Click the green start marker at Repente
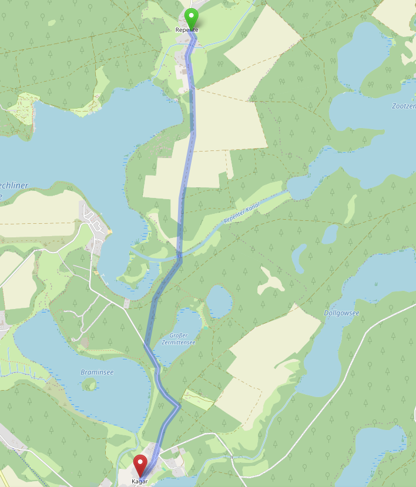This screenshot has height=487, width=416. coord(191,16)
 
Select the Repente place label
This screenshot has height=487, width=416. coord(187,30)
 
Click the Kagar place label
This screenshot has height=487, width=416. coord(140,481)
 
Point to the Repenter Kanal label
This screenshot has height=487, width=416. coord(241,212)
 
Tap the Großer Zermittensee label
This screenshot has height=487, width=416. coord(178,339)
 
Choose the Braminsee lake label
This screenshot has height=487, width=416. coord(97,372)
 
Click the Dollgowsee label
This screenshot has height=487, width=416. coord(341,313)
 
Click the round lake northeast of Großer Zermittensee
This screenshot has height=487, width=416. coord(219,301)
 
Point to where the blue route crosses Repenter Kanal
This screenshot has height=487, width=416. coord(179,256)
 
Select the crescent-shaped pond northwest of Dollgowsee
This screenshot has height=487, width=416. coord(299,258)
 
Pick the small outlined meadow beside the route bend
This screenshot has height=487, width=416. coord(198,399)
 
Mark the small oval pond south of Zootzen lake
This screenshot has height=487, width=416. coord(330,234)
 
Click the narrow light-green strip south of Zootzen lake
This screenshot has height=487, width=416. coord(351,209)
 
